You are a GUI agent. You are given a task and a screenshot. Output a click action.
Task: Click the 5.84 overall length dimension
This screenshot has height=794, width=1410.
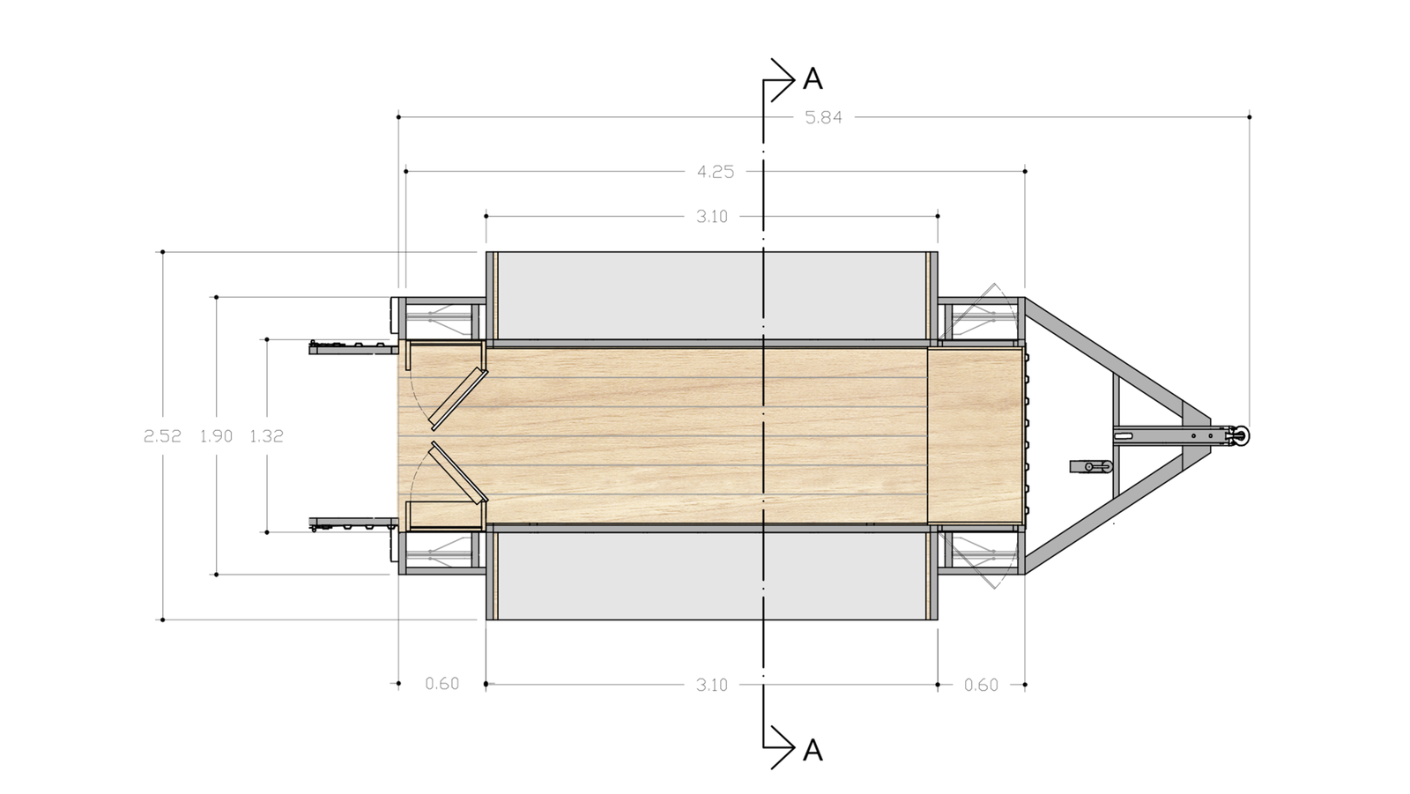click(823, 117)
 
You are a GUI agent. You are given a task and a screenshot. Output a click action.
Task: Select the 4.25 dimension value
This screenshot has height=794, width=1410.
click(716, 172)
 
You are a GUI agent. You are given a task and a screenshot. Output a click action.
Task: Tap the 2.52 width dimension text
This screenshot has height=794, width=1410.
click(162, 435)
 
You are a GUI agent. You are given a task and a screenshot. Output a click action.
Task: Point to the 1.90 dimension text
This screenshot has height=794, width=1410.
click(217, 435)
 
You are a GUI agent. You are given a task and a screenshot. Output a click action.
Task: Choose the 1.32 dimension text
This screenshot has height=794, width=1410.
click(266, 435)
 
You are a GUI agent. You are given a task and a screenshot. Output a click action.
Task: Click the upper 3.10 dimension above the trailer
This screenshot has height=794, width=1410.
click(712, 217)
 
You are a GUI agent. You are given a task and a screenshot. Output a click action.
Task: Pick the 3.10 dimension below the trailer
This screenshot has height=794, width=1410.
click(712, 685)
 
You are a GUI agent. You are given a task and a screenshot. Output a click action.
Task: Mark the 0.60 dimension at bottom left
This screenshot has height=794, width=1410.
click(442, 684)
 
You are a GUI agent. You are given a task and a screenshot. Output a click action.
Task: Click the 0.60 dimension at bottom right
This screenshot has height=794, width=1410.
click(982, 685)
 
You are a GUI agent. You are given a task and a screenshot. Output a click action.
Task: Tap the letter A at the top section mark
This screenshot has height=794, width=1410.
click(813, 79)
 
